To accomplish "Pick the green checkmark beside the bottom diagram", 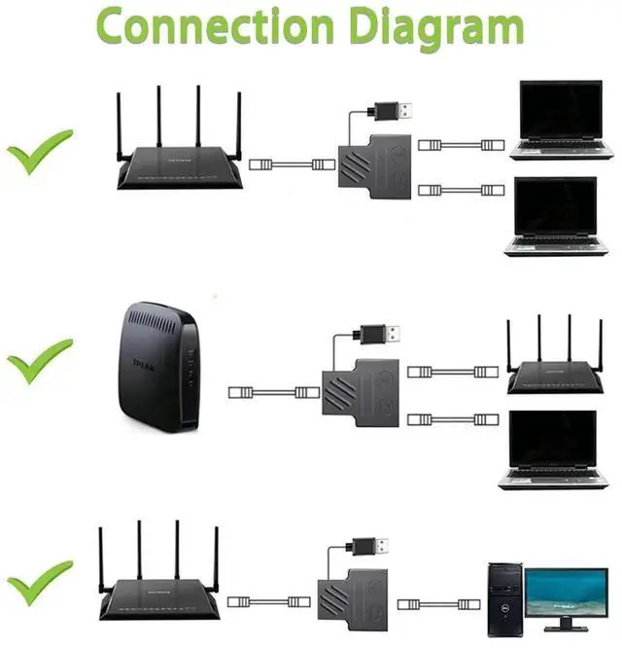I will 39,581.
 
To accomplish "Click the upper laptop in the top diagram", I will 562,119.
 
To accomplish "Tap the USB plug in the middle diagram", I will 380,334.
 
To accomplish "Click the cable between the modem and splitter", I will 274,392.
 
